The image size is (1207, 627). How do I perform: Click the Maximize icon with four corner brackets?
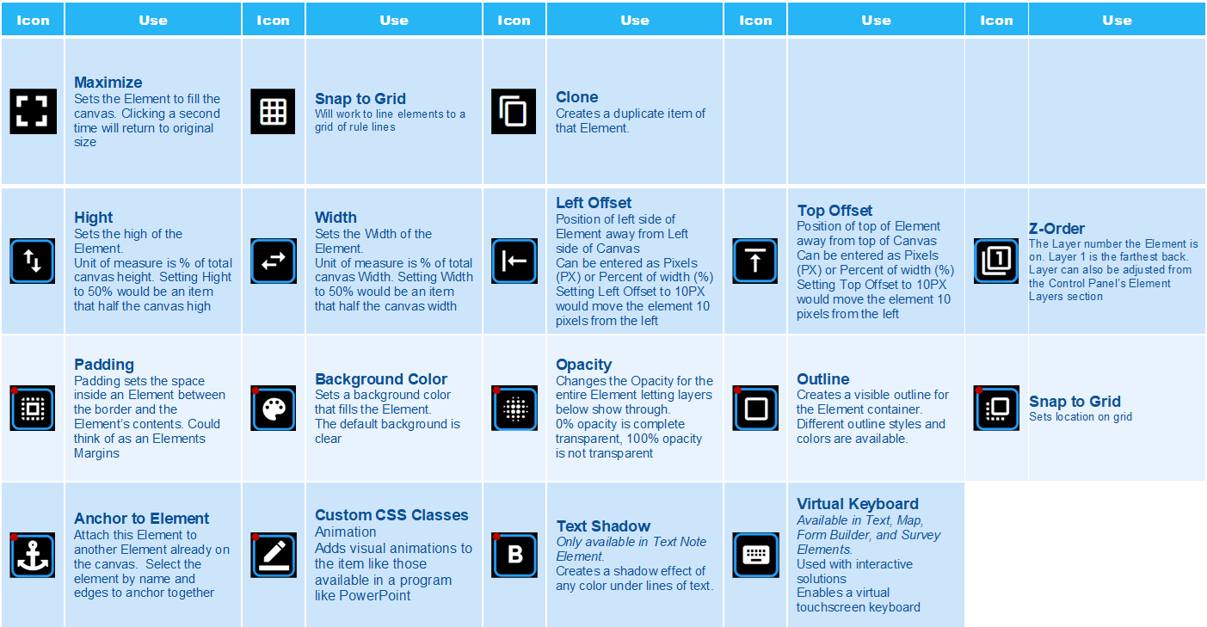(33, 112)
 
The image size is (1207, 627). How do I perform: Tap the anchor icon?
(33, 555)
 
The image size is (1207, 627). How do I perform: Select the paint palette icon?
(274, 409)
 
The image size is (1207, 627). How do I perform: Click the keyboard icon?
(755, 555)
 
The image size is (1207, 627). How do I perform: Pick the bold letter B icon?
(514, 555)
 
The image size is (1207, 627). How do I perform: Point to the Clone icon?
(514, 112)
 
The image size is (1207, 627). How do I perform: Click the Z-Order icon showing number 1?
(996, 261)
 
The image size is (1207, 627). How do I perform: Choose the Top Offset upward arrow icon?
(755, 261)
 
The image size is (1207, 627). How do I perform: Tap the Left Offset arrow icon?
(514, 261)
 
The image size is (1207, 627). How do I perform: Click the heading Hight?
(93, 218)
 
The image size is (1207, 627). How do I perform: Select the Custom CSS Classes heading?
(391, 515)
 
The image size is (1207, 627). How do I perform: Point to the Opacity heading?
(583, 365)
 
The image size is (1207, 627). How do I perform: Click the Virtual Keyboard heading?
(858, 504)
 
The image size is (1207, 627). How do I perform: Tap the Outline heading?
(823, 378)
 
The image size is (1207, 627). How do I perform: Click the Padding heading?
(104, 365)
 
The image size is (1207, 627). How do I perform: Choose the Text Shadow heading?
(604, 526)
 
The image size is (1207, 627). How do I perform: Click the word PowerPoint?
(374, 595)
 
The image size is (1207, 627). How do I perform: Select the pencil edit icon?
(274, 555)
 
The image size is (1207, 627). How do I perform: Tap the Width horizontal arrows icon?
(274, 261)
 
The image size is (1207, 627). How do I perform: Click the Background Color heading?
(381, 378)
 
